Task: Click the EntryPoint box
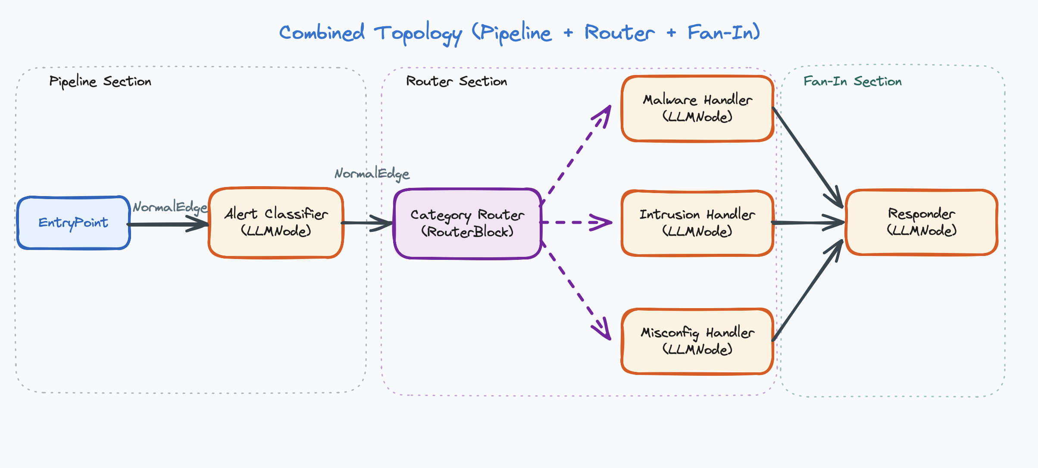(x=73, y=223)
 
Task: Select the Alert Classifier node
(x=276, y=223)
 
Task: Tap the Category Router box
(x=468, y=224)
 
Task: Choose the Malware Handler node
(x=697, y=109)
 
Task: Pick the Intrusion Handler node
(x=697, y=223)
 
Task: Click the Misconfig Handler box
(x=697, y=341)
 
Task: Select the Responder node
(x=922, y=222)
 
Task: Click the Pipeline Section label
(x=100, y=81)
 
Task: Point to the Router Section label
(x=456, y=81)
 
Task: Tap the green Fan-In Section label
(x=852, y=81)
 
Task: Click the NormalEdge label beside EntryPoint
(x=170, y=207)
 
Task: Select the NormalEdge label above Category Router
(x=372, y=174)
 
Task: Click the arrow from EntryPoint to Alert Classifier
(x=168, y=224)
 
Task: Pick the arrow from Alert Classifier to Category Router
(x=366, y=223)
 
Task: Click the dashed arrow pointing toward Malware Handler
(x=575, y=155)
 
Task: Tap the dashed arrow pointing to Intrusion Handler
(x=575, y=222)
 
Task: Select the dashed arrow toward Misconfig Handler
(x=575, y=291)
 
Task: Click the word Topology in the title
(x=417, y=33)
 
